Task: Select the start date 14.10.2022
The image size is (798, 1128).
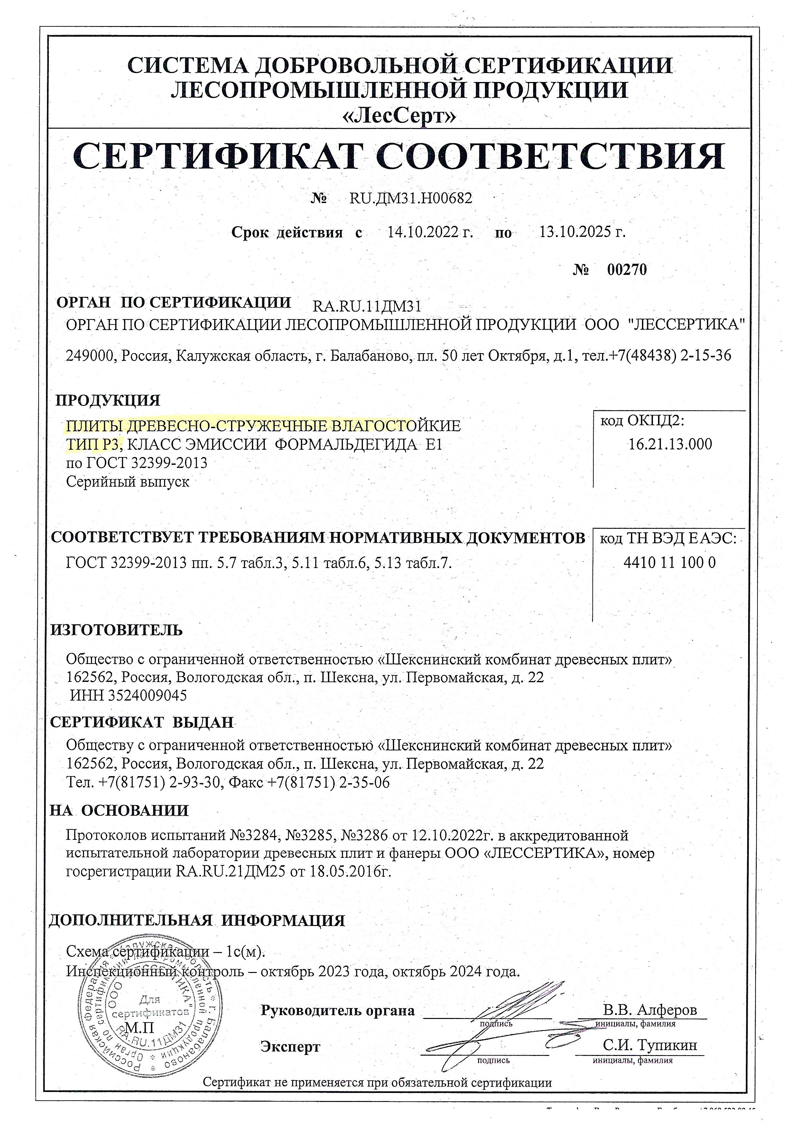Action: pos(430,232)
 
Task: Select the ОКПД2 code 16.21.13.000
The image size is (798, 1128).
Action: pos(670,445)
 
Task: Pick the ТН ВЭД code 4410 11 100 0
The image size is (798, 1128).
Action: pos(669,562)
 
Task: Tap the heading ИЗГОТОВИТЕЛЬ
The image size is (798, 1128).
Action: pos(116,630)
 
